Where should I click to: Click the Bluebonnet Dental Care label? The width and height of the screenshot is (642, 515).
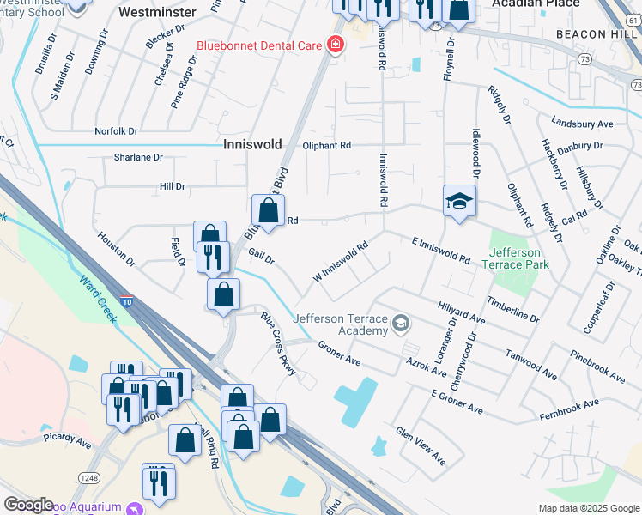click(x=257, y=45)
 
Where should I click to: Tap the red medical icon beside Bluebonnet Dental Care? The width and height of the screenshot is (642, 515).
click(x=334, y=45)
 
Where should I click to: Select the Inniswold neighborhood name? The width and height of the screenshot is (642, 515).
click(x=253, y=145)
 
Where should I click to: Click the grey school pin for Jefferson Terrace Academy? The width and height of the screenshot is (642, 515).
click(x=400, y=324)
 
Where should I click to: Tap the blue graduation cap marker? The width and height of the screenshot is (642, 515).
click(x=459, y=202)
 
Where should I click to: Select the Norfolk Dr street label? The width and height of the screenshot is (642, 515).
click(x=116, y=131)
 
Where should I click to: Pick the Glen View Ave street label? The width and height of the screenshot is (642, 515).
click(x=421, y=445)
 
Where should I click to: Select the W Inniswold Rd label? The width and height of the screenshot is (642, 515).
click(x=341, y=261)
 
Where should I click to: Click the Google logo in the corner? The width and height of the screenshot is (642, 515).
click(x=28, y=505)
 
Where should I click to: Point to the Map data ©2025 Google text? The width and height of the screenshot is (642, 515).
click(x=588, y=508)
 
